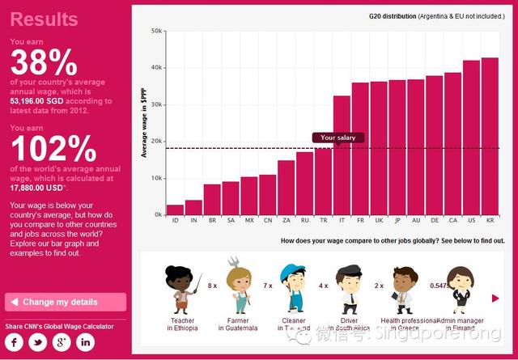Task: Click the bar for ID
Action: (x=175, y=210)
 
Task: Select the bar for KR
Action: (x=490, y=136)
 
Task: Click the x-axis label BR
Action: (x=212, y=220)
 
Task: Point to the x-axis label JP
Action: (x=397, y=220)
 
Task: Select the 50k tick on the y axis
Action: (x=156, y=31)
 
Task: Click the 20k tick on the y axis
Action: (x=156, y=142)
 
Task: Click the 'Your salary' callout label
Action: (x=338, y=138)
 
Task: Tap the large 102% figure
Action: (x=53, y=149)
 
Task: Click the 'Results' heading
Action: (x=45, y=19)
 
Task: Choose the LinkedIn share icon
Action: (x=86, y=342)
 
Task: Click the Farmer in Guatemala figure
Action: (x=240, y=287)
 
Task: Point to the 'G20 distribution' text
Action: (x=392, y=15)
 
